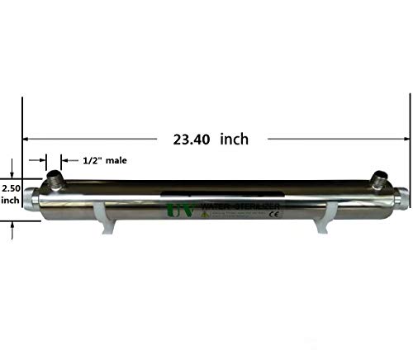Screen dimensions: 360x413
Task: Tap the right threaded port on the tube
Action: coord(379,179)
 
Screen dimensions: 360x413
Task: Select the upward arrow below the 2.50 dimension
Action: coord(11,231)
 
